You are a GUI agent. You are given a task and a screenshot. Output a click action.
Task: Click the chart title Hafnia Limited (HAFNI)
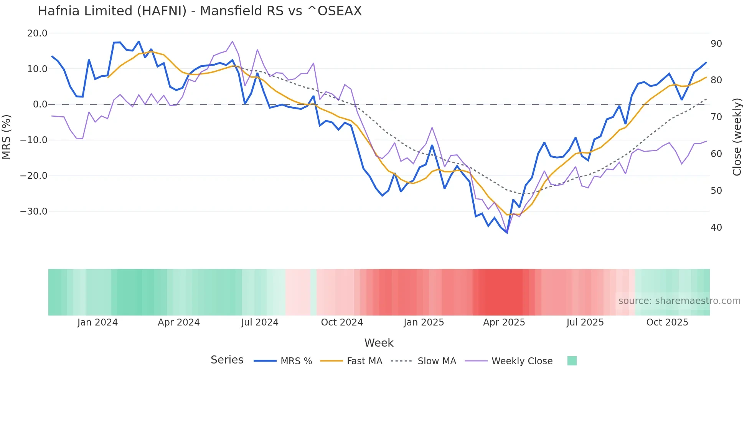pos(200,11)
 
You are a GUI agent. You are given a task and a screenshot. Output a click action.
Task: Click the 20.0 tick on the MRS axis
pos(37,33)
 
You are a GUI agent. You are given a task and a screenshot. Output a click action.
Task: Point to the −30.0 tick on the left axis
pos(34,211)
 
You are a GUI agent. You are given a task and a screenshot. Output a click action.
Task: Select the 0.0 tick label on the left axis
pos(40,104)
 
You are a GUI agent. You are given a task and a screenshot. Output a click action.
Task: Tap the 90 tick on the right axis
pos(716,44)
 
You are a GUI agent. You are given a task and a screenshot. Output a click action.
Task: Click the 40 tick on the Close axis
pos(716,228)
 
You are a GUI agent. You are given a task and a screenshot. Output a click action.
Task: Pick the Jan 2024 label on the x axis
pos(97,322)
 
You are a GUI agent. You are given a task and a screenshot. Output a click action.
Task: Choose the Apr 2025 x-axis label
pos(504,322)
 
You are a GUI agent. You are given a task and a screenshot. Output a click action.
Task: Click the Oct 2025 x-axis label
pos(667,322)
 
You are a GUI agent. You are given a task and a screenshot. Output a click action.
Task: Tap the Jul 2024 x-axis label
pos(260,322)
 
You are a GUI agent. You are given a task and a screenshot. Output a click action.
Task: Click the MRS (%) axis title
pos(7,137)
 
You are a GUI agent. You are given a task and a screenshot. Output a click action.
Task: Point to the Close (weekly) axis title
pos(737,137)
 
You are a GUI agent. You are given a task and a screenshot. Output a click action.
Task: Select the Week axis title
pos(379,343)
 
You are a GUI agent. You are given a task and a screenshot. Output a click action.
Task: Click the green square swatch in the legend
pos(572,361)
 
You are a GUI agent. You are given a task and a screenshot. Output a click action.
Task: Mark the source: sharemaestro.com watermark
pos(679,301)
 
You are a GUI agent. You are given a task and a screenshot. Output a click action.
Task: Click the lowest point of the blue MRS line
pos(507,233)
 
